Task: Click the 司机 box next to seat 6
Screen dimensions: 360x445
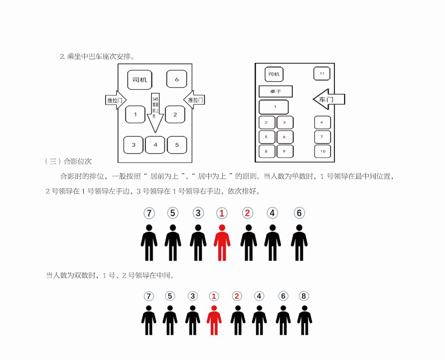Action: [139, 80]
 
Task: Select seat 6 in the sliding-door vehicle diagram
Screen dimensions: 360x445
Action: [176, 79]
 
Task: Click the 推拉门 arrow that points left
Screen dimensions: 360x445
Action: [194, 100]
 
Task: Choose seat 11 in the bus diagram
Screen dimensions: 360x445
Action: [322, 74]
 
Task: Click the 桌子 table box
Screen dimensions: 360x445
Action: [276, 92]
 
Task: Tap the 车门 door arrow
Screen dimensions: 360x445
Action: [329, 99]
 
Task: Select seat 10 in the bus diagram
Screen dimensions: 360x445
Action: [322, 151]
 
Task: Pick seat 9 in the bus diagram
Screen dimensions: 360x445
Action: [284, 151]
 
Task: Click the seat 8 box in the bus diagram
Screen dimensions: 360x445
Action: [267, 151]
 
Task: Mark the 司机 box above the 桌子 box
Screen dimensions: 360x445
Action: [274, 74]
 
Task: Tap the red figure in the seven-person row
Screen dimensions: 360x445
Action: [222, 242]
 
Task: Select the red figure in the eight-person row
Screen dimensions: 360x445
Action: [213, 320]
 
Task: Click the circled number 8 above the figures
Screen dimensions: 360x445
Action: [304, 296]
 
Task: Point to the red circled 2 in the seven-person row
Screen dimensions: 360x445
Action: [247, 213]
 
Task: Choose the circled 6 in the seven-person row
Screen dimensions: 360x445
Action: [299, 213]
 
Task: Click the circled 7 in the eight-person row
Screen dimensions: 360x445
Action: [149, 296]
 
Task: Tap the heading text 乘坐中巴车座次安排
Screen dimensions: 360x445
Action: [98, 56]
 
